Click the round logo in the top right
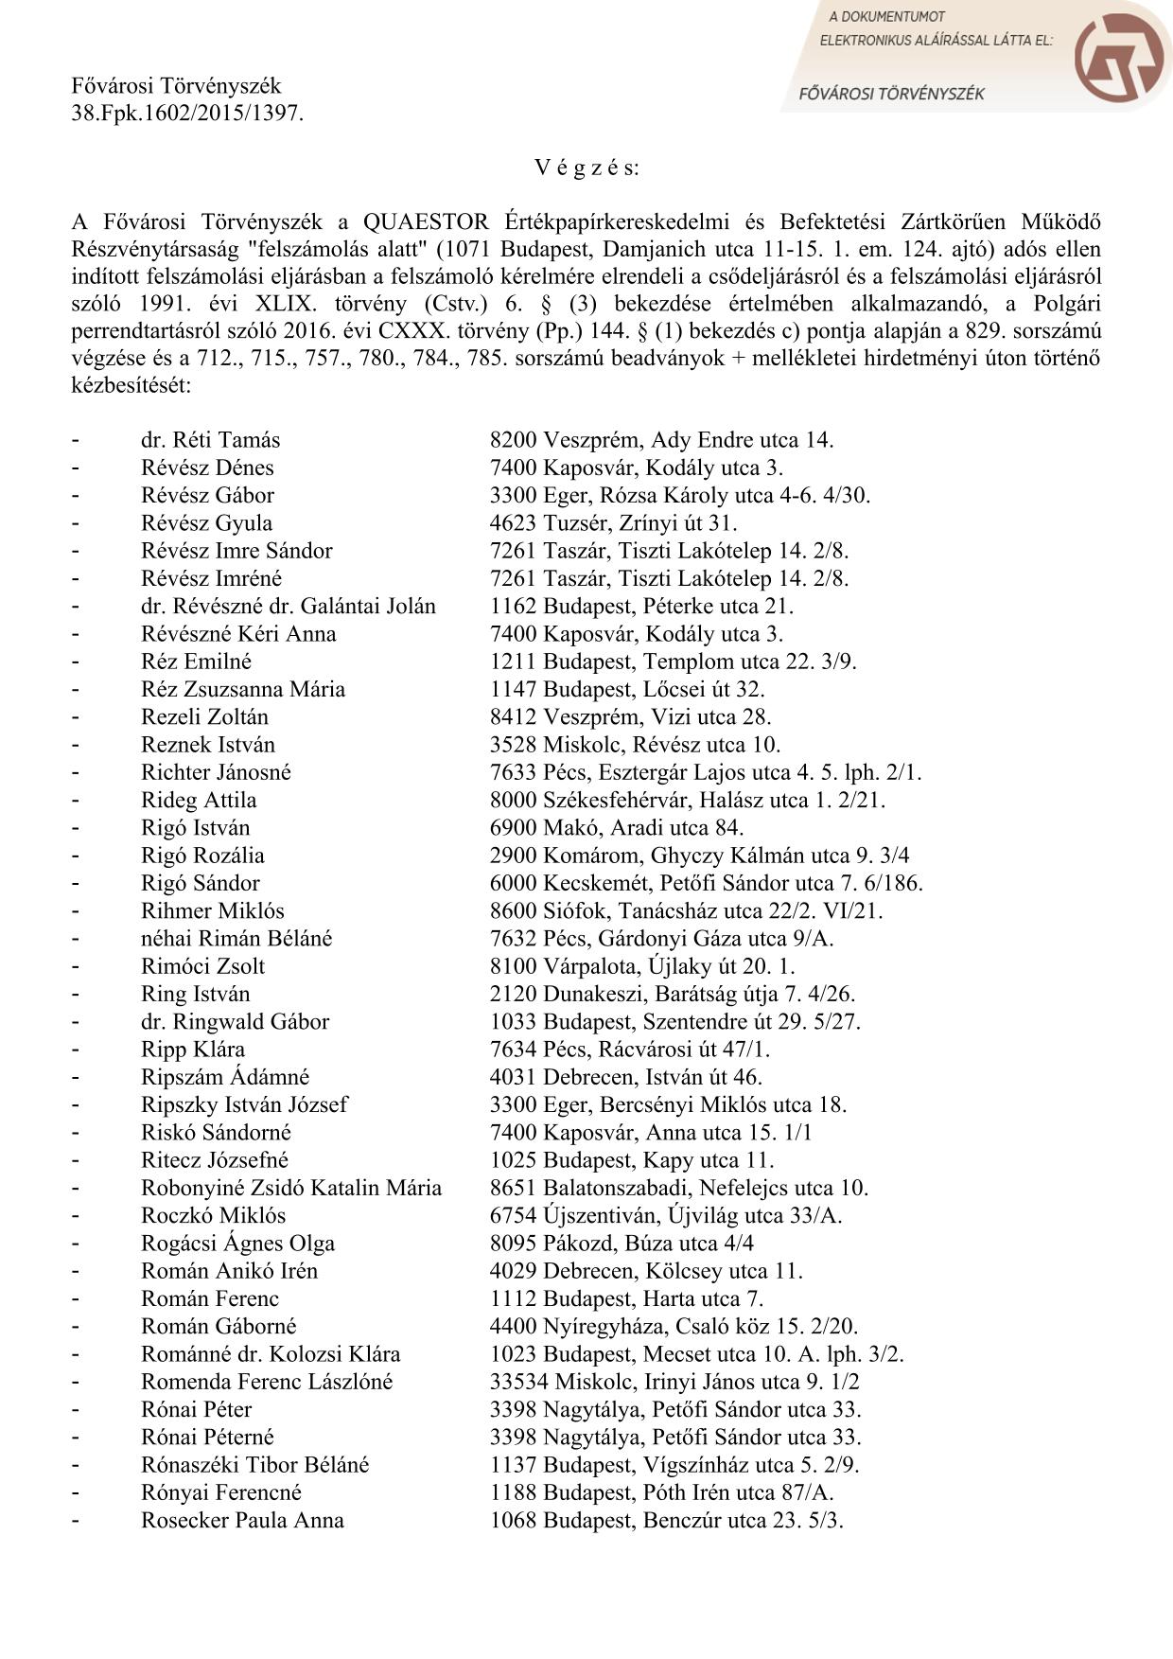coord(1120,58)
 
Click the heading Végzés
coord(586,168)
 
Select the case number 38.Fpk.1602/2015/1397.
coord(188,114)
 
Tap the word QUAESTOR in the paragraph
coord(426,222)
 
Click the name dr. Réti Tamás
coord(210,440)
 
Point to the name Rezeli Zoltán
coord(204,716)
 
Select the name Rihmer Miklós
coord(213,910)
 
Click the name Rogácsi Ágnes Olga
coord(237,1243)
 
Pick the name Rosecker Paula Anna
coord(242,1520)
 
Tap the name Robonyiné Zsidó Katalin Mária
coord(291,1188)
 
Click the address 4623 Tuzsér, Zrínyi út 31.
coord(613,523)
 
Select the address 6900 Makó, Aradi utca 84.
coord(617,827)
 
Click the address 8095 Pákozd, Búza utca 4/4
coord(622,1243)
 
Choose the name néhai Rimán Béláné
coord(236,938)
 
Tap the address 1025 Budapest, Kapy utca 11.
coord(632,1160)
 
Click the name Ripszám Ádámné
coord(225,1077)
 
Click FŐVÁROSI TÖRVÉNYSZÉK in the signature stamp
coord(892,94)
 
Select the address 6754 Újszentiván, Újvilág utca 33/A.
coord(666,1215)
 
